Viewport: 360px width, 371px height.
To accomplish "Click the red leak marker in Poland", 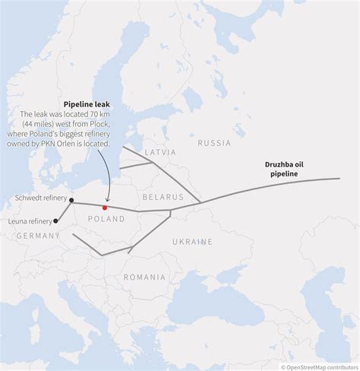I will (105, 207).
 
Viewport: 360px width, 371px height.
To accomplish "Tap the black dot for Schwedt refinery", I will (71, 201).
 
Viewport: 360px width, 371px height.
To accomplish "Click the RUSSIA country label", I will (214, 142).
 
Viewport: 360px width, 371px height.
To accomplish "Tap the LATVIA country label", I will (159, 152).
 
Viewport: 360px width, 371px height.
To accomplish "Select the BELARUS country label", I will (163, 196).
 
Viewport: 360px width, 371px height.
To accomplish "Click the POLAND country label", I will (106, 219).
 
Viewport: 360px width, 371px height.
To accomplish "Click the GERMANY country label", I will (37, 236).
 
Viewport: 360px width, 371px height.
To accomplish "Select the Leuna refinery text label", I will (30, 221).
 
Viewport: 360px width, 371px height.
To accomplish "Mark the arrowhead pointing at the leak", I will (105, 201).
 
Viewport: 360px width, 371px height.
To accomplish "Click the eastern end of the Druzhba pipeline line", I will (339, 179).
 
